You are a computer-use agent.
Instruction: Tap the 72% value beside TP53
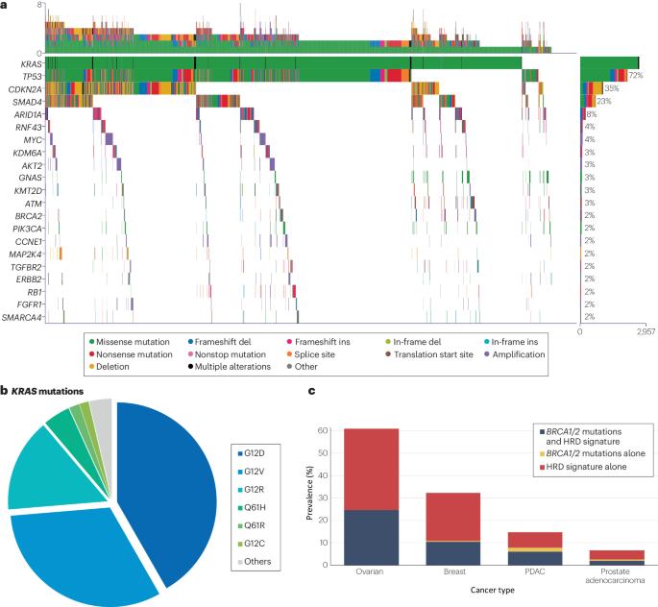click(x=635, y=75)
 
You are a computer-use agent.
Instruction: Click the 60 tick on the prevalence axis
click(x=336, y=428)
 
